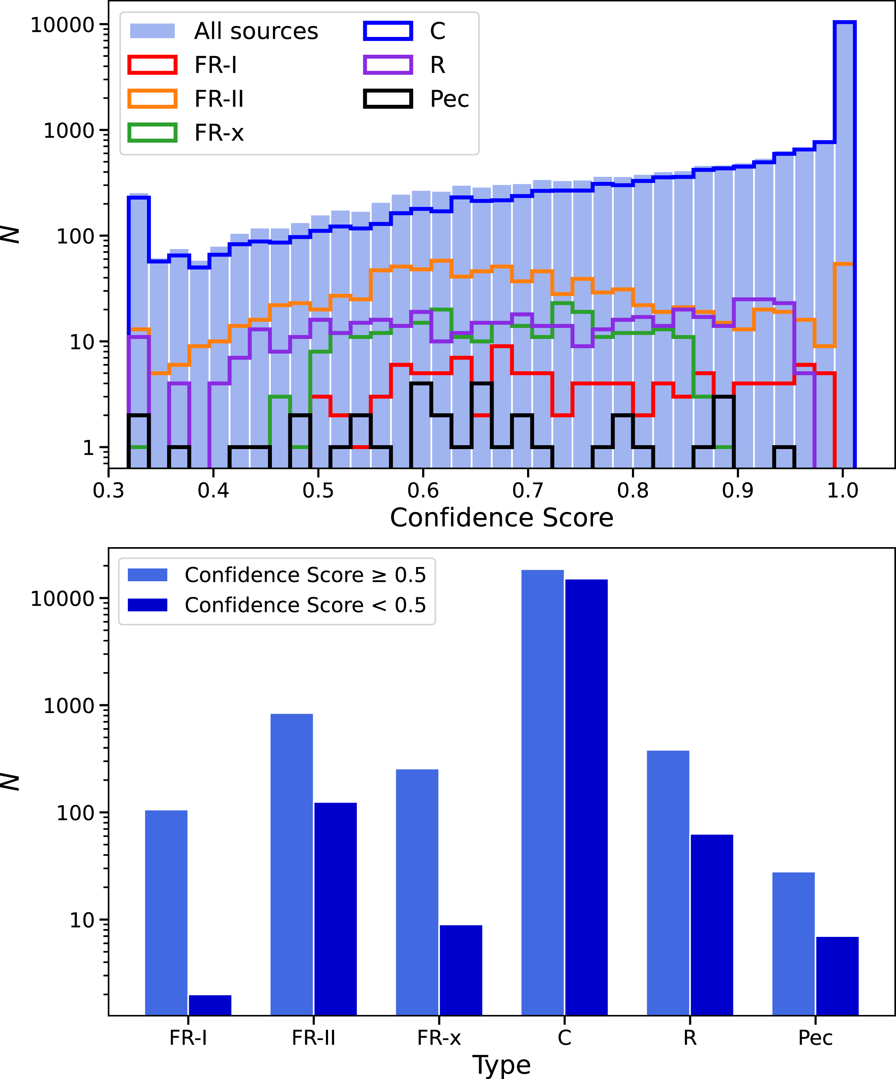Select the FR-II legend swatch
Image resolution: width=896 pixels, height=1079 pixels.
(153, 99)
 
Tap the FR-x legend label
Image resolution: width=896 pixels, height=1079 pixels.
(219, 133)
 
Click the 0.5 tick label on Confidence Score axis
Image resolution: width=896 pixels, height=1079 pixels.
(318, 491)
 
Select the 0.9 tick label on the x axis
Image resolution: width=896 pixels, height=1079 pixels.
(738, 491)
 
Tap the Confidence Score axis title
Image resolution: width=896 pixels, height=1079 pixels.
(502, 517)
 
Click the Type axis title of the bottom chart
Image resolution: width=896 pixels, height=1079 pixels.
(502, 1065)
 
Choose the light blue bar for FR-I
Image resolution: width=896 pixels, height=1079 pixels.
(166, 912)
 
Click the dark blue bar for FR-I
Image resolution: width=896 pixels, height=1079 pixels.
(210, 1005)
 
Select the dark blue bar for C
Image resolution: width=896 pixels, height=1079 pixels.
(586, 797)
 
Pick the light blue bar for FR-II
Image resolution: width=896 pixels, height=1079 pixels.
(291, 864)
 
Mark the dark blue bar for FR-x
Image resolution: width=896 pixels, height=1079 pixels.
(461, 970)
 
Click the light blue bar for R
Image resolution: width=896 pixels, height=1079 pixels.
(668, 883)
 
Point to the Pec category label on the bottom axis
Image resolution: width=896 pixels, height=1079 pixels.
(815, 1038)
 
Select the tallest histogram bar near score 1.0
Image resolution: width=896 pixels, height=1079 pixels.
(844, 244)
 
